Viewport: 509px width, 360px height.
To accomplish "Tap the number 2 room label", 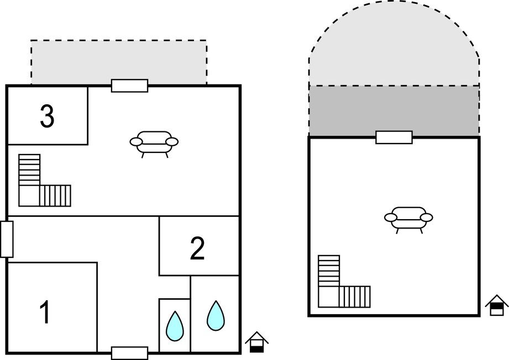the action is click(x=197, y=248).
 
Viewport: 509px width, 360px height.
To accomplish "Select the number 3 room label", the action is click(x=47, y=116).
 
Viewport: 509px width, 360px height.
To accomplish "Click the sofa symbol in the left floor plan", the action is click(x=154, y=144).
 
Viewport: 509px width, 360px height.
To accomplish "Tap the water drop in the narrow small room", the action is click(x=175, y=326).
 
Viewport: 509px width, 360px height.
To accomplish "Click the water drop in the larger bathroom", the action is click(x=216, y=316).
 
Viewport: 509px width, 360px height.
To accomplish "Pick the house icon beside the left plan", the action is click(x=257, y=342).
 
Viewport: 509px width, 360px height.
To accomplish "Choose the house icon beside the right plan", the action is click(x=497, y=305).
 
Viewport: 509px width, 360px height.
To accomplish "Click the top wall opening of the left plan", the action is click(x=129, y=86).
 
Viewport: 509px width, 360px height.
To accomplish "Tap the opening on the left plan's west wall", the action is click(x=7, y=239).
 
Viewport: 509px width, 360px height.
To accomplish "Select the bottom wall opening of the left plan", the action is click(x=129, y=353).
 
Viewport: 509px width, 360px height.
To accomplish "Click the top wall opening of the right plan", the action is click(x=394, y=137).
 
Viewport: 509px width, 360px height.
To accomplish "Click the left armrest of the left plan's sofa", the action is click(x=136, y=142).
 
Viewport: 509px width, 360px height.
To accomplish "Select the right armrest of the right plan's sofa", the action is click(x=427, y=218).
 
